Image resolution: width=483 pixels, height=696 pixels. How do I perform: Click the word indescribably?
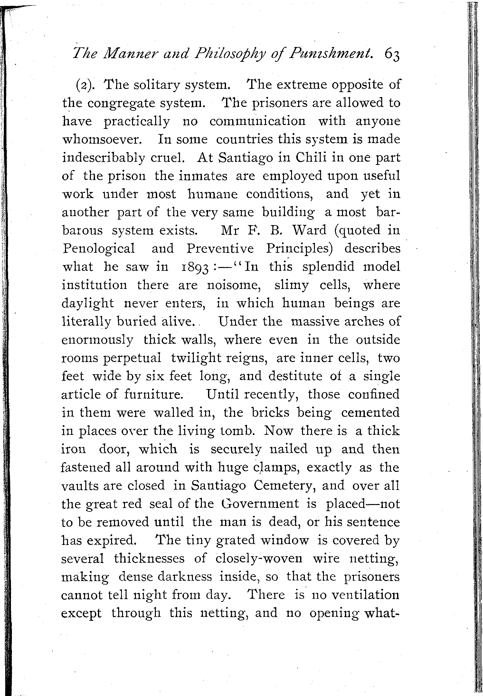tap(103, 158)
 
